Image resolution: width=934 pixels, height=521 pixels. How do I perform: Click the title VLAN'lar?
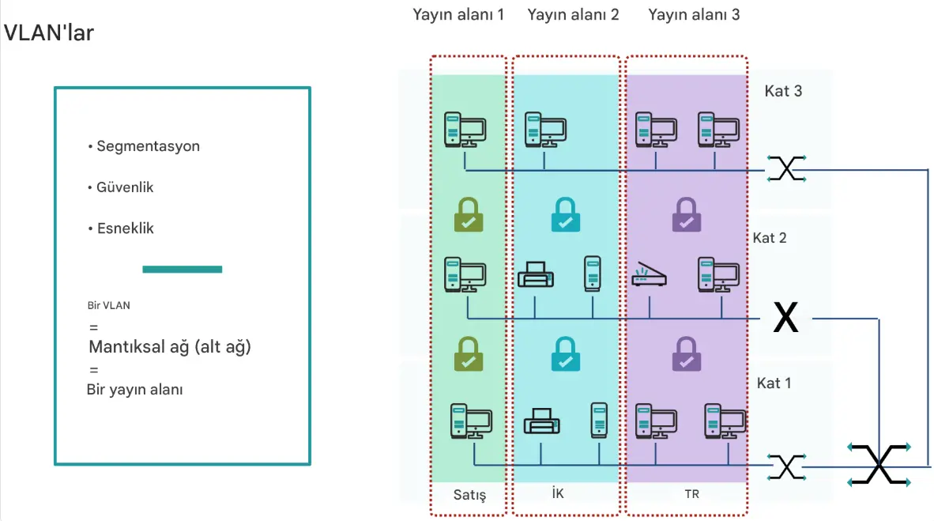49,33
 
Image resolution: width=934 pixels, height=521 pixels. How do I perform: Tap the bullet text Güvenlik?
125,187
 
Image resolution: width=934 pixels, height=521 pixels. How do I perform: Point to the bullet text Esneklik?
125,228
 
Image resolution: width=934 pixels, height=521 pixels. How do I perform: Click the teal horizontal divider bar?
182,270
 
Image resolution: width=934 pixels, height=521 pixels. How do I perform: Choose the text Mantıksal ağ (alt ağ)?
169,347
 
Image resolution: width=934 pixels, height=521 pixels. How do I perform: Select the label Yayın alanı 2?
573,14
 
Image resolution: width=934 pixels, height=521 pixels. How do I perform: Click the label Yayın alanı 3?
693,14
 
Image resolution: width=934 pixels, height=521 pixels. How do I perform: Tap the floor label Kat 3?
783,91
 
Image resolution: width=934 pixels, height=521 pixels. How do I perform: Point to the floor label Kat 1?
774,383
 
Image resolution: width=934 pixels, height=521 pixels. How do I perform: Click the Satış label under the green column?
469,496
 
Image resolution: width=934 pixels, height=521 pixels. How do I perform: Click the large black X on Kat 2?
785,318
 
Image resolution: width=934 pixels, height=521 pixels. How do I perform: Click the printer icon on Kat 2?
536,274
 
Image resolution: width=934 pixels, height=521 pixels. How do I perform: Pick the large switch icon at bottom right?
879,463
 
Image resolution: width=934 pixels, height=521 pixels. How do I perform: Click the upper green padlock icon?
469,215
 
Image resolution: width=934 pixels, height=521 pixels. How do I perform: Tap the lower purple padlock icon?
686,355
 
